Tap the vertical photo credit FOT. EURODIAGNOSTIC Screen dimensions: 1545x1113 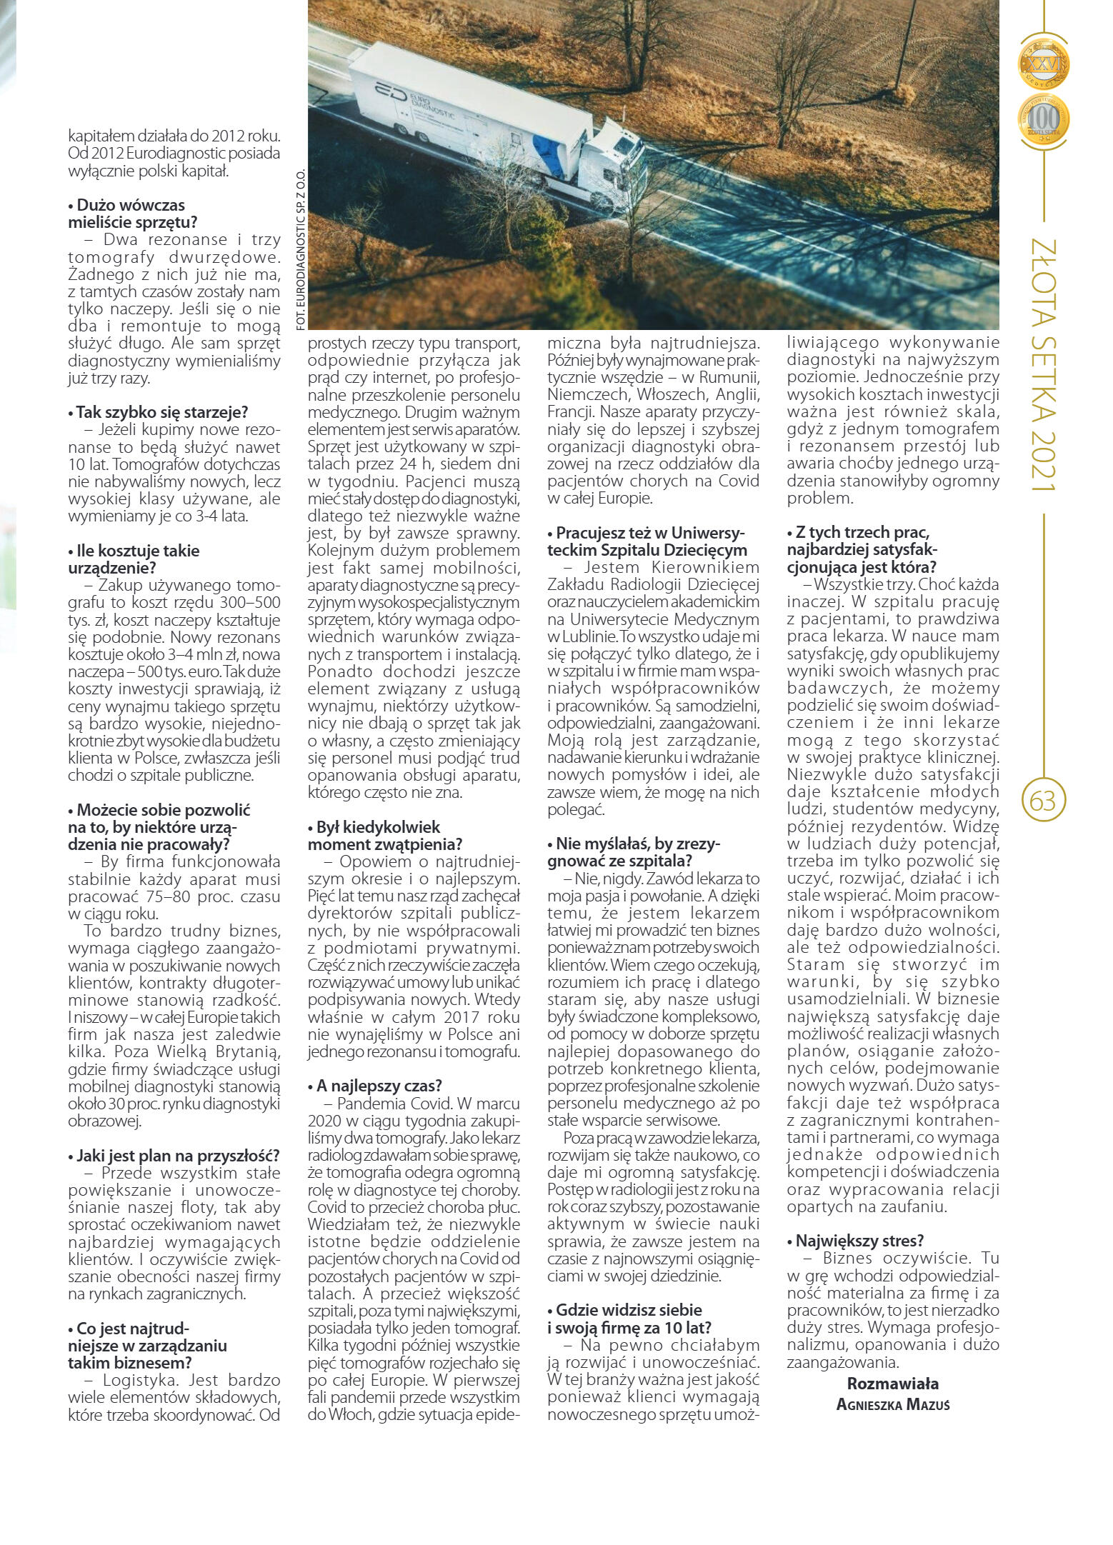point(300,249)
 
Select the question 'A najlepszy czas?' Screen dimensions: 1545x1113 point(375,1086)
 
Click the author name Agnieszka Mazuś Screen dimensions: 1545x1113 point(892,1404)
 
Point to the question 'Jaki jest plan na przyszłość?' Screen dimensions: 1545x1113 point(174,1155)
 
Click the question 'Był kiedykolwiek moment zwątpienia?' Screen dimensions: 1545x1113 point(384,836)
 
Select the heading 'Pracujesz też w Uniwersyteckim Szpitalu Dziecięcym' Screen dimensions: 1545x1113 point(647,541)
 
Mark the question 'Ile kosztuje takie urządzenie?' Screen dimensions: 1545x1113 point(134,559)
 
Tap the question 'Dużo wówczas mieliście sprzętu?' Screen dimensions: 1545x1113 point(133,214)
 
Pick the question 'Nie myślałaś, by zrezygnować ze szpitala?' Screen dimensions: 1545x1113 point(634,852)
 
